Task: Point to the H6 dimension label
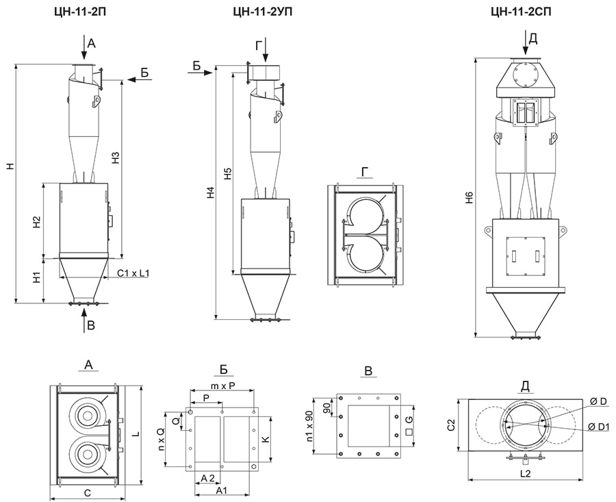[x=468, y=199]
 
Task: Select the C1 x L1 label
[x=133, y=273]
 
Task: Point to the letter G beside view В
[x=409, y=418]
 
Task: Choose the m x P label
[x=224, y=387]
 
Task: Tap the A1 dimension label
[x=222, y=491]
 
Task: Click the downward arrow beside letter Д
[x=525, y=43]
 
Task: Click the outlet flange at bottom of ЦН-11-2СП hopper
[x=525, y=335]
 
